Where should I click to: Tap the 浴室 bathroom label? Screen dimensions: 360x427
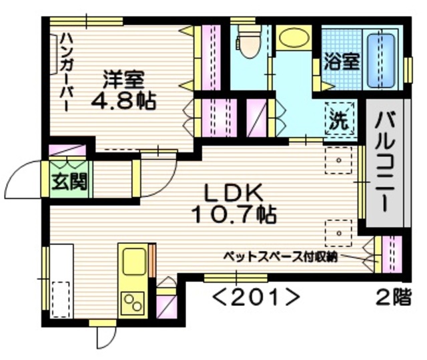tap(342, 61)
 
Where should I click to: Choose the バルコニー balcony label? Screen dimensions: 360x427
tap(386, 163)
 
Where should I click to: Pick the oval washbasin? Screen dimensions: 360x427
tap(292, 38)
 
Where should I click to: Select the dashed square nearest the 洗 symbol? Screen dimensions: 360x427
tap(339, 160)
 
